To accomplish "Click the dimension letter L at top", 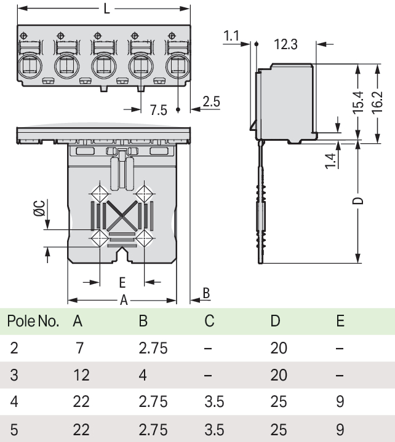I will click(107, 10).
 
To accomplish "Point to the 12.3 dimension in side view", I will click(286, 44).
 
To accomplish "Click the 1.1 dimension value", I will click(231, 37).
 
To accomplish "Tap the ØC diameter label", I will click(39, 209).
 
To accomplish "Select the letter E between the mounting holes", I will click(122, 282).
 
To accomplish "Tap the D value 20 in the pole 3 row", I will click(279, 374).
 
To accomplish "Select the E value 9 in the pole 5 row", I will click(340, 428).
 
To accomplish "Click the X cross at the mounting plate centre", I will click(121, 215).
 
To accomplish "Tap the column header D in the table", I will click(274, 321).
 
